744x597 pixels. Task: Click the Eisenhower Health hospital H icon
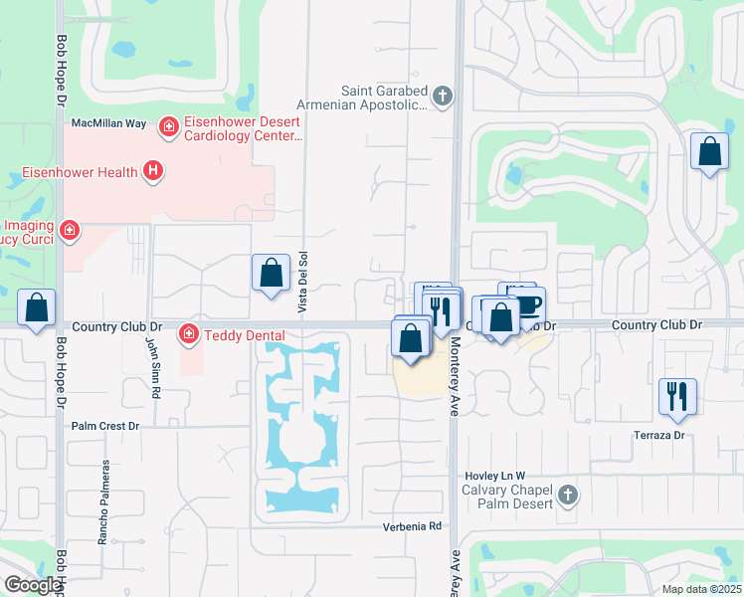153,171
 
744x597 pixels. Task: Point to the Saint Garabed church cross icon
444,97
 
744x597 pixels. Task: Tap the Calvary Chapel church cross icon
567,495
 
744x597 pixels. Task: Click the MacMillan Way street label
110,123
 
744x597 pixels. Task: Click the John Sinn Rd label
153,366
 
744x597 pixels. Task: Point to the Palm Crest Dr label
106,426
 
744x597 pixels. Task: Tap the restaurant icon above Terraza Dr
677,396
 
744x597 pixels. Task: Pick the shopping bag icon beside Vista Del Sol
271,274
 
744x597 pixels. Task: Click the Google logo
32,585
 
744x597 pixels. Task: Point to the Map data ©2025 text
701,589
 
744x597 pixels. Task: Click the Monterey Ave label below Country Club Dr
453,368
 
